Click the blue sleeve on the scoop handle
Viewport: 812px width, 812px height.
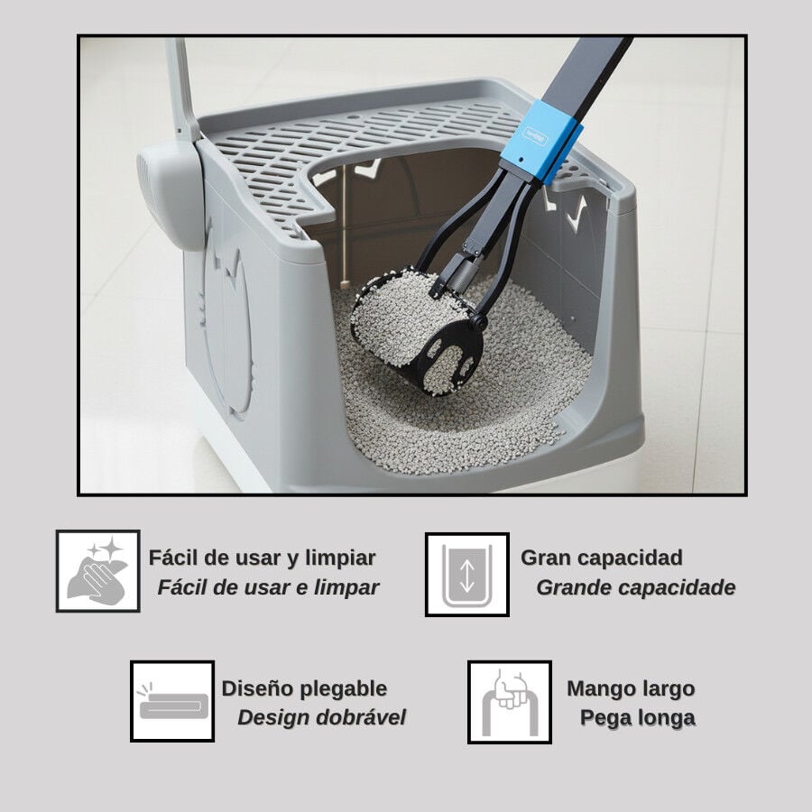tap(540, 141)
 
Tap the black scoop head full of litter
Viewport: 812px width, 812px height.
tap(417, 331)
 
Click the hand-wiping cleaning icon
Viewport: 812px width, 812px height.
tap(97, 571)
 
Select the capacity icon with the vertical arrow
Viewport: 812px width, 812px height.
tap(467, 575)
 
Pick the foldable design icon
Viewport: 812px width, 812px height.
tap(172, 701)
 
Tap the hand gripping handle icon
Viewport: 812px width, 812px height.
tap(510, 702)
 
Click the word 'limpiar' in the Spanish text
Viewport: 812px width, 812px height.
tap(340, 558)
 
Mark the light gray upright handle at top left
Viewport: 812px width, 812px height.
tap(181, 88)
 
